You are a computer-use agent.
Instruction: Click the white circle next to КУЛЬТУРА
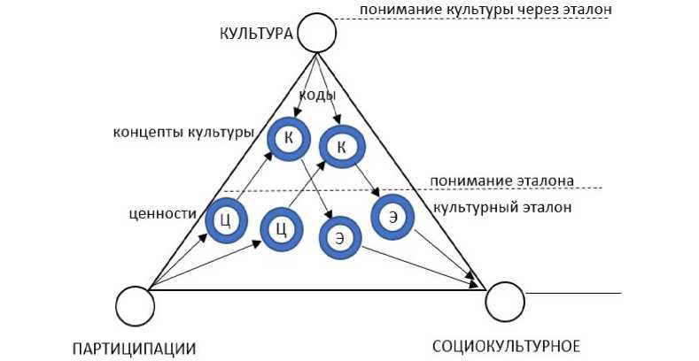[x=317, y=34]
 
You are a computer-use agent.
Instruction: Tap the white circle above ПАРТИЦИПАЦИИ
[x=135, y=305]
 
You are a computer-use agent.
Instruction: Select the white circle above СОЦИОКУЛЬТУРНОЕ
[x=506, y=302]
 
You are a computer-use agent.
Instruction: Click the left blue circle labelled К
[x=289, y=139]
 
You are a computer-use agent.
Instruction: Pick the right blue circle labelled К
[x=341, y=146]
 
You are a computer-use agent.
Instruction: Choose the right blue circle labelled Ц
[x=280, y=229]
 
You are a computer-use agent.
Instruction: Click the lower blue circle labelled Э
[x=339, y=237]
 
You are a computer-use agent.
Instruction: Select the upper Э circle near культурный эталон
[x=391, y=216]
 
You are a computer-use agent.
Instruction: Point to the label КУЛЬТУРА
[x=255, y=34]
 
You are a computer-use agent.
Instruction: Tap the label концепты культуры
[x=183, y=133]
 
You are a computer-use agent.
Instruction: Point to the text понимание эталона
[x=501, y=180]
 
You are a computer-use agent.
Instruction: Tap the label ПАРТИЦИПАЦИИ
[x=135, y=347]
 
